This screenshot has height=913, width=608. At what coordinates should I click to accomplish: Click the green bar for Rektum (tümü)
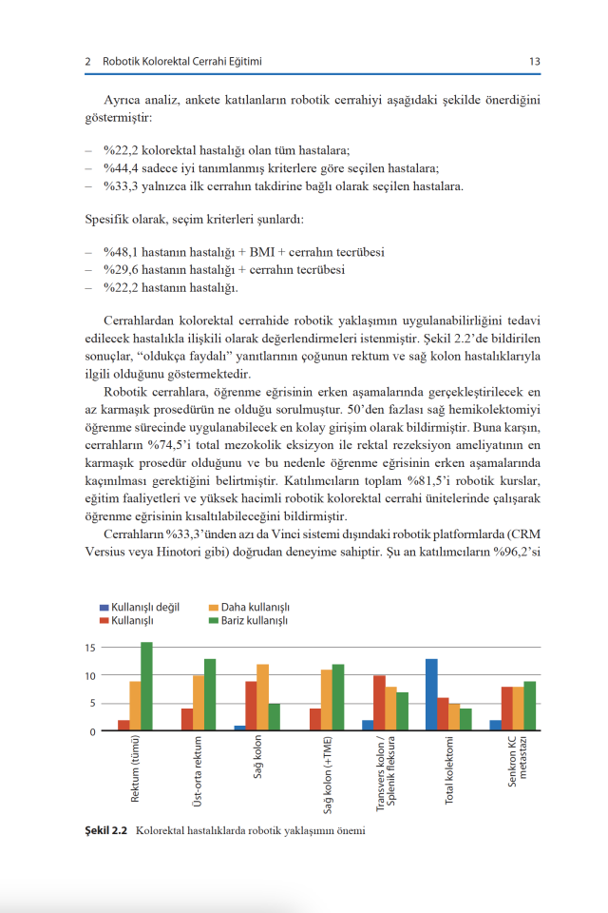[x=146, y=687]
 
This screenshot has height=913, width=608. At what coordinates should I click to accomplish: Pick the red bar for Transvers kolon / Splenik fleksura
[x=380, y=703]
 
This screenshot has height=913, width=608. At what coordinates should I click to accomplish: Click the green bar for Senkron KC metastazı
[x=529, y=706]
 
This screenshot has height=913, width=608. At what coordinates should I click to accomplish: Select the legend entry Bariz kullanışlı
[x=255, y=620]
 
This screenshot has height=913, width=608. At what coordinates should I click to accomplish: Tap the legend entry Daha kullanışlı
[x=255, y=607]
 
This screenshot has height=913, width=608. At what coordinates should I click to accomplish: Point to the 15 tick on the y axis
[x=90, y=648]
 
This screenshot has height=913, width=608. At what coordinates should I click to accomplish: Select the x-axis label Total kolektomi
[x=450, y=770]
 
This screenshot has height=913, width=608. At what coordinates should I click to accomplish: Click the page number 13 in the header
[x=535, y=62]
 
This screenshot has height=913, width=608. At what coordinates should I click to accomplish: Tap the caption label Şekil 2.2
[x=105, y=830]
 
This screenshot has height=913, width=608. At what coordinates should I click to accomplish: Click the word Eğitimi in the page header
[x=242, y=62]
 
